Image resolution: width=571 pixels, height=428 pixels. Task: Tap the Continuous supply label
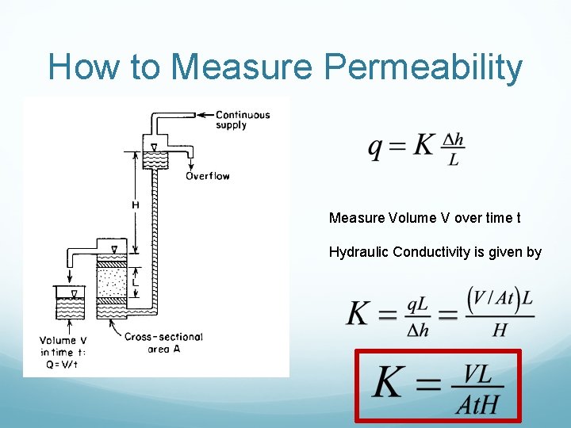243,120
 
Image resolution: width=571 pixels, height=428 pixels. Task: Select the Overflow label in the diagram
207,176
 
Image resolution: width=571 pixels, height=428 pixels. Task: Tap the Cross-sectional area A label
163,342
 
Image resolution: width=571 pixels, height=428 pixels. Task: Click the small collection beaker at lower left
71,302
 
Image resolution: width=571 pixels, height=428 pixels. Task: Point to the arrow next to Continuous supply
204,114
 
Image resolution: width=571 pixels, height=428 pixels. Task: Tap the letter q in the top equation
376,147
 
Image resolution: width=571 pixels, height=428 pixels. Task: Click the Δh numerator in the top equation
453,139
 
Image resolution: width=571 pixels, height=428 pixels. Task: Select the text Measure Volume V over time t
424,217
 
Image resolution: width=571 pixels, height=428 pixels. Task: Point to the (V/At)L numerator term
500,299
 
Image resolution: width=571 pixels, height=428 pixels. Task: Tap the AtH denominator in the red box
480,404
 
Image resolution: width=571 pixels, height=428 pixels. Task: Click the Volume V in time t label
63,346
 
